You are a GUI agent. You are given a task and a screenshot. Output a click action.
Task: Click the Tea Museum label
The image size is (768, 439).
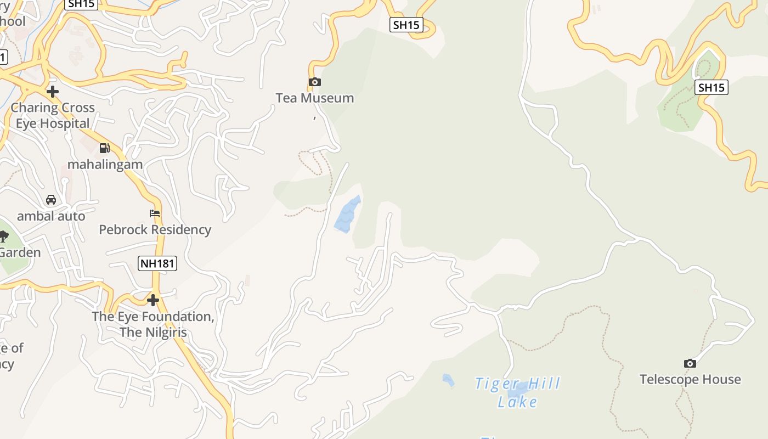[314, 98]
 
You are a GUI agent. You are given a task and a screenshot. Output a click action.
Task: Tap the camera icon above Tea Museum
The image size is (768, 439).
[315, 82]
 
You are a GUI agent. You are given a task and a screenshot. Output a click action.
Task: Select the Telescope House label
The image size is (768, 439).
[690, 379]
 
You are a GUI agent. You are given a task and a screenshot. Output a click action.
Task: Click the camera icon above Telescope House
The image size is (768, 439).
[690, 363]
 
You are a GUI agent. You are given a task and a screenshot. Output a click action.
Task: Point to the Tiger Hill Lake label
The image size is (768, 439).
[517, 392]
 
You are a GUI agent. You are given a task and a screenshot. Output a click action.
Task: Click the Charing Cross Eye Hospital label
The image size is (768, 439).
[53, 115]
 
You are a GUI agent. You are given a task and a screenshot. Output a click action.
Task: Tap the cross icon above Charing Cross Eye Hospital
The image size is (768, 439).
[53, 91]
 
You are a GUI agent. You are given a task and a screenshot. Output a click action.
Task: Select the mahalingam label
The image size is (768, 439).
[105, 164]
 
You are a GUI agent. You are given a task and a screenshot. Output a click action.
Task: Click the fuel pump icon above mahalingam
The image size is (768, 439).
[105, 148]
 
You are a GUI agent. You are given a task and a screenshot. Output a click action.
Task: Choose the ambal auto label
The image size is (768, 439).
[51, 216]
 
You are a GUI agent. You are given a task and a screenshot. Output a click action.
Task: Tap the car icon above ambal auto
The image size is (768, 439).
[51, 200]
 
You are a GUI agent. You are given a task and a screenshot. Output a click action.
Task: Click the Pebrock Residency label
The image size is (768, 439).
[155, 229]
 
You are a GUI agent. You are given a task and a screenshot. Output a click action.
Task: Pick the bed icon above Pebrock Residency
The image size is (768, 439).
[155, 213]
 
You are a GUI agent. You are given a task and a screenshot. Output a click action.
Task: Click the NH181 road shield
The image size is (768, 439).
[157, 263]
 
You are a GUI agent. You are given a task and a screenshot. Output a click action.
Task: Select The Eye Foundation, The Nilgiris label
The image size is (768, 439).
[153, 324]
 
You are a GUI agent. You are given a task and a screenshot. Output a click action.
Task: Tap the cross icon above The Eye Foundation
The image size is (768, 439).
[153, 300]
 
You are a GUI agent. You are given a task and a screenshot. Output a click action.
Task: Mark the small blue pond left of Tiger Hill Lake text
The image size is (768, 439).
[448, 379]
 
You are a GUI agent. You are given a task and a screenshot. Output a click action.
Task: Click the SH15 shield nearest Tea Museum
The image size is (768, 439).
[406, 25]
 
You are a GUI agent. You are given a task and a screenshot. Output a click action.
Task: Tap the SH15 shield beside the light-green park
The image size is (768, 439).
[711, 87]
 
